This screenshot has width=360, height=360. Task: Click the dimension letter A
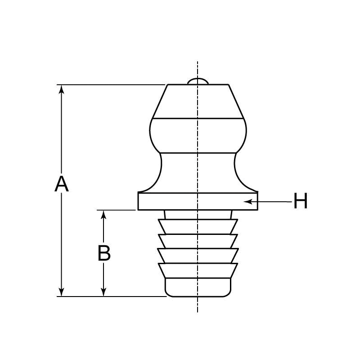62,184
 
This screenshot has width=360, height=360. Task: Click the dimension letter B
104,253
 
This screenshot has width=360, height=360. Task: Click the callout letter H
301,201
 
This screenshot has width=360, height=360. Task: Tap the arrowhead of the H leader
247,201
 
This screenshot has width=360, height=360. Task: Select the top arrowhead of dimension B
104,214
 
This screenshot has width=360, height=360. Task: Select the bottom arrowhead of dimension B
104,292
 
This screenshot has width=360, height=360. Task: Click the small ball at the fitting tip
198,81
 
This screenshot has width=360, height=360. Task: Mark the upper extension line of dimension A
112,84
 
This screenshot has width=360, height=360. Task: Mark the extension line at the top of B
116,210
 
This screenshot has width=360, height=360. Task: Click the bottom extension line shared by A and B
112,297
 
